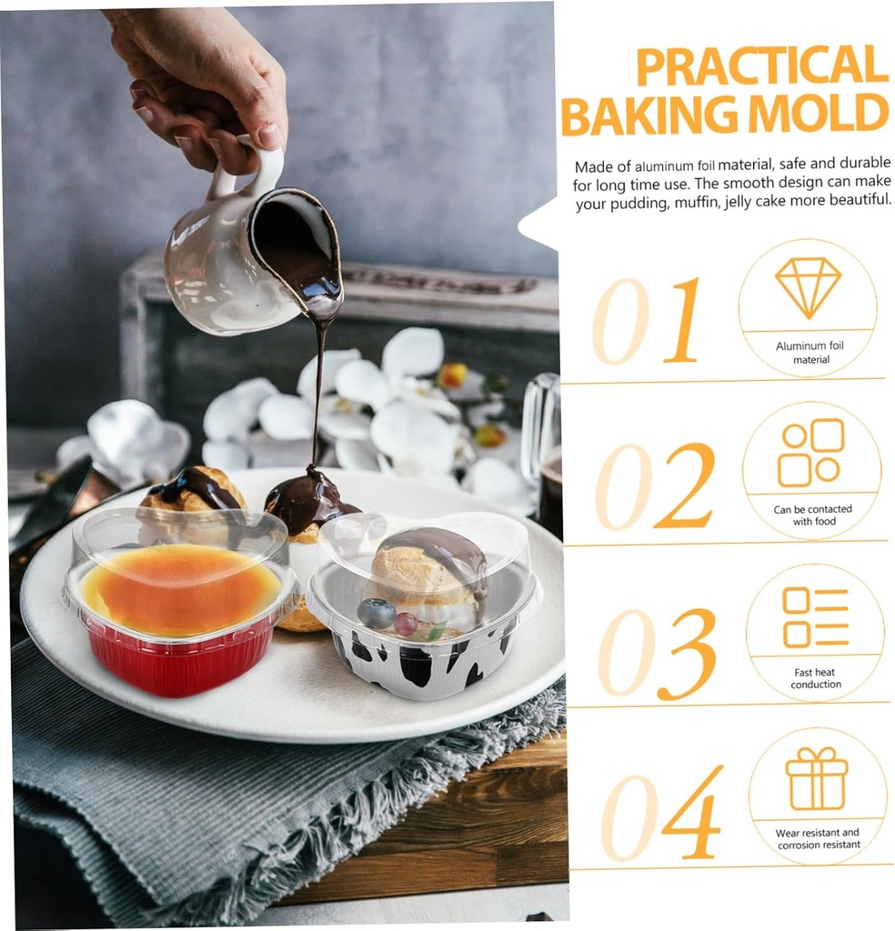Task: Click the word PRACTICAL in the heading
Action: (x=762, y=65)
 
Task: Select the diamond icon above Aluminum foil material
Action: (x=808, y=287)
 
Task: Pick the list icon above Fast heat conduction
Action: (x=816, y=617)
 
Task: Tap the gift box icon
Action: (x=817, y=778)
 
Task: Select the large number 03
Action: (x=657, y=652)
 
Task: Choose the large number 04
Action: (x=661, y=814)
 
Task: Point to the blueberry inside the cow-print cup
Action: (x=376, y=614)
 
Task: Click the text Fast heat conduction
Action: (x=815, y=678)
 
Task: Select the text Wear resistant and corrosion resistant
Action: (x=818, y=838)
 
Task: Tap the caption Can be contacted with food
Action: (x=813, y=516)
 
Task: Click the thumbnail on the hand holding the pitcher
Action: (x=268, y=135)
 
